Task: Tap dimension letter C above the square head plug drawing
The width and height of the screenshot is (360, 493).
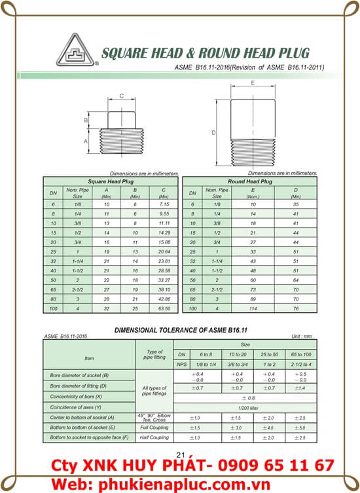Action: point(121,96)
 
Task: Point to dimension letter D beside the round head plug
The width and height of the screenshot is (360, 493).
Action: point(214,133)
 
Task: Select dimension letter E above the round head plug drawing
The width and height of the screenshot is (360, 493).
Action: point(252,83)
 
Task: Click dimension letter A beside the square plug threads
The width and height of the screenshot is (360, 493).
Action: point(86,141)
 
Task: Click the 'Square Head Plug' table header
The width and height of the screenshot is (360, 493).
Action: point(111,181)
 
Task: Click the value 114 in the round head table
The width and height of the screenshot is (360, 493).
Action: point(253,308)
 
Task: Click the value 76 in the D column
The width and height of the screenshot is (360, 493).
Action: point(296,308)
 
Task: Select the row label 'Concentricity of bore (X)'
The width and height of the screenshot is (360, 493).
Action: point(76,397)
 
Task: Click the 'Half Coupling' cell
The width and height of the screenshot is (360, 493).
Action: point(154,437)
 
